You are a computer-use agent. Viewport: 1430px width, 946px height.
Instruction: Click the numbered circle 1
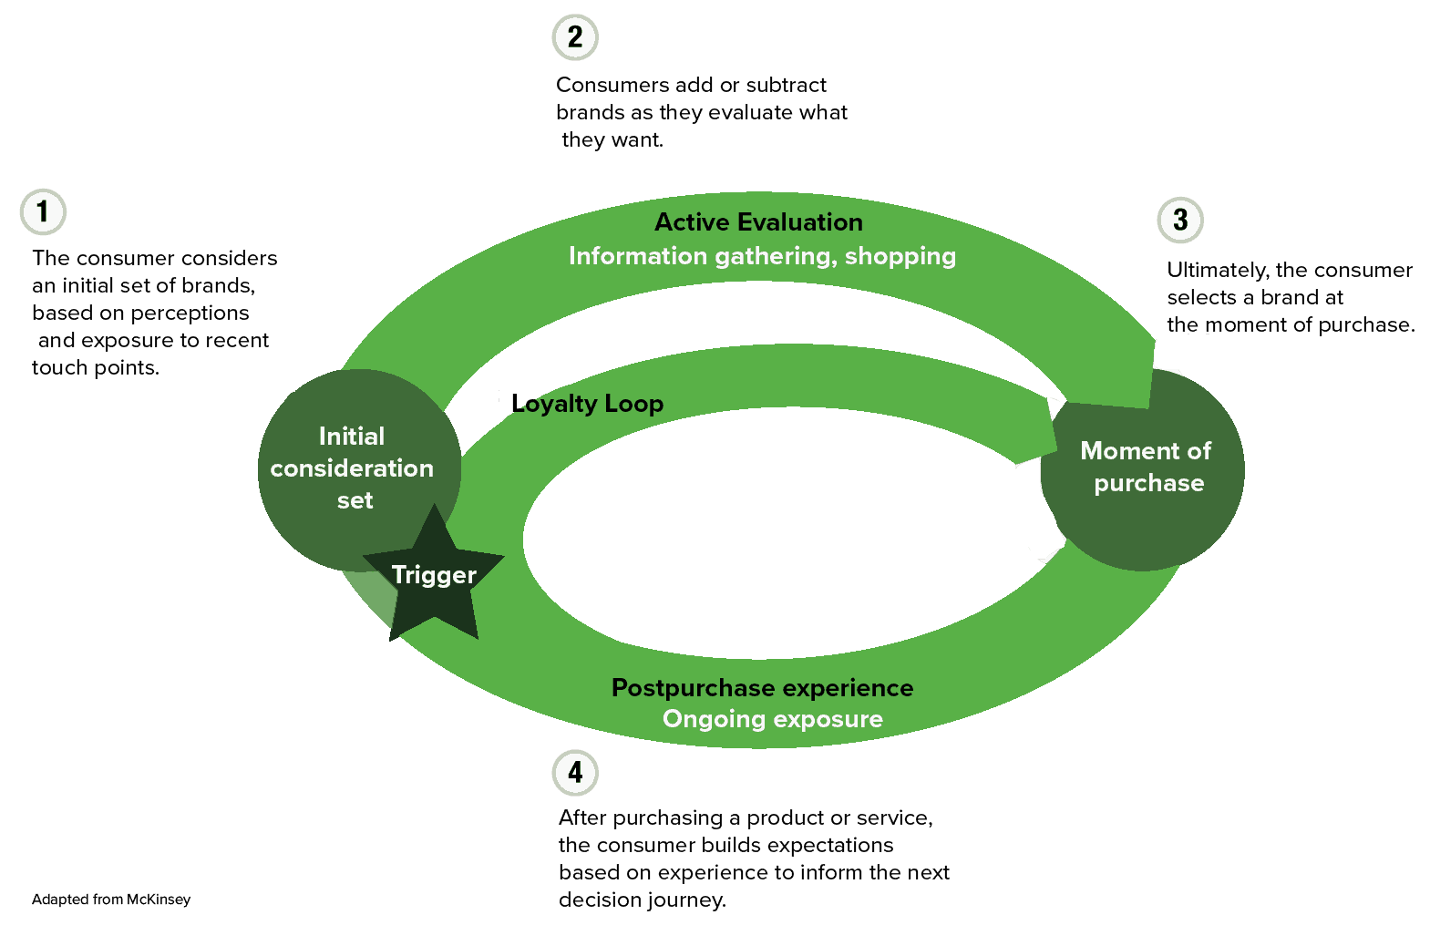[x=43, y=212]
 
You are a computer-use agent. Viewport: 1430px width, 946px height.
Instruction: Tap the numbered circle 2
[x=575, y=37]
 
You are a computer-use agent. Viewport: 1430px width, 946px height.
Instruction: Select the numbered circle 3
[x=1180, y=220]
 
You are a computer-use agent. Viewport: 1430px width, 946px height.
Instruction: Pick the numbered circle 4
[x=575, y=773]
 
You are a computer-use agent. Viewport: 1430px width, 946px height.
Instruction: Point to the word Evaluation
[x=800, y=222]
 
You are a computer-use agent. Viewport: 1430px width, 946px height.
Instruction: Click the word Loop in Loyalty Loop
[x=633, y=404]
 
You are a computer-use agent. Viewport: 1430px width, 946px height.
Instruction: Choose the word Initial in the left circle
[x=352, y=437]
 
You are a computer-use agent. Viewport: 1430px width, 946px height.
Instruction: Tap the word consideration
[x=352, y=468]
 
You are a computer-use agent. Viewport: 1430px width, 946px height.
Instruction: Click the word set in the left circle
[x=355, y=500]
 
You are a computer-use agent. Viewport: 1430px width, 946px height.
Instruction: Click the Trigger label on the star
[x=434, y=575]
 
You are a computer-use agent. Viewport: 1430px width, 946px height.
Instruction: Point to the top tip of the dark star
[x=435, y=507]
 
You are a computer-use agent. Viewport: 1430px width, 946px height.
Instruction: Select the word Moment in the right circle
[x=1118, y=451]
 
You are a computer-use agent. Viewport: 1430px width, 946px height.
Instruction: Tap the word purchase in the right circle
[x=1148, y=484]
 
